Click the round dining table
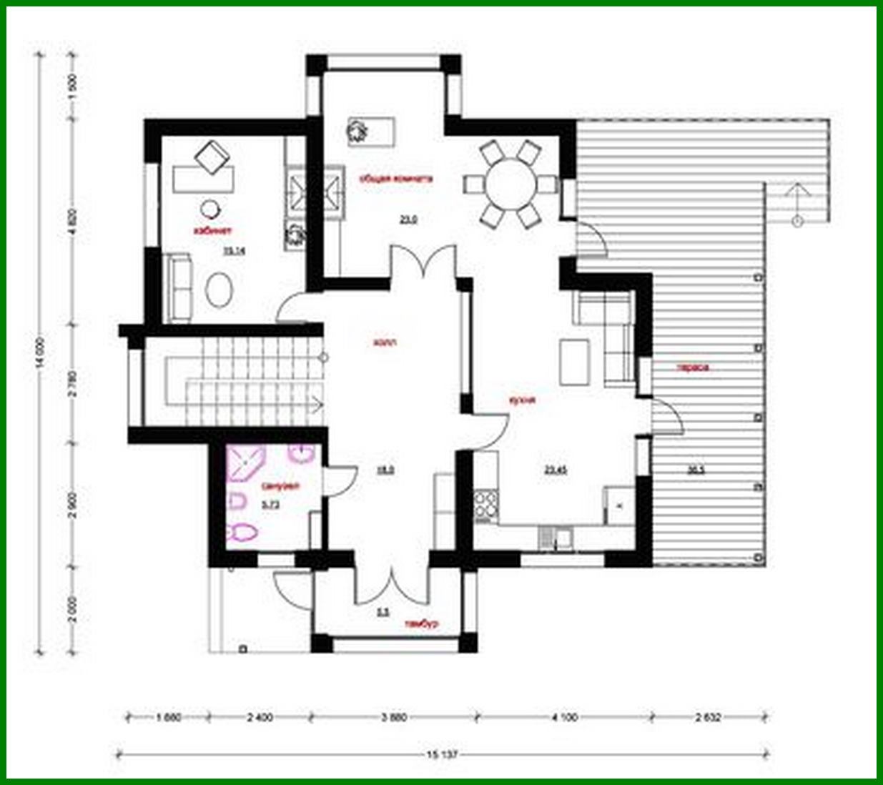(510, 183)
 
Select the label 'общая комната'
(395, 179)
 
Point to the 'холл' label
(385, 342)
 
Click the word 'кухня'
(523, 400)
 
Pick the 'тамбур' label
(420, 623)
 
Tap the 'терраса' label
(693, 368)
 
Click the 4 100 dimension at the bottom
(564, 717)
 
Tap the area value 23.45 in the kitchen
(556, 470)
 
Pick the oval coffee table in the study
(219, 290)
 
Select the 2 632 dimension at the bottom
(711, 717)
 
